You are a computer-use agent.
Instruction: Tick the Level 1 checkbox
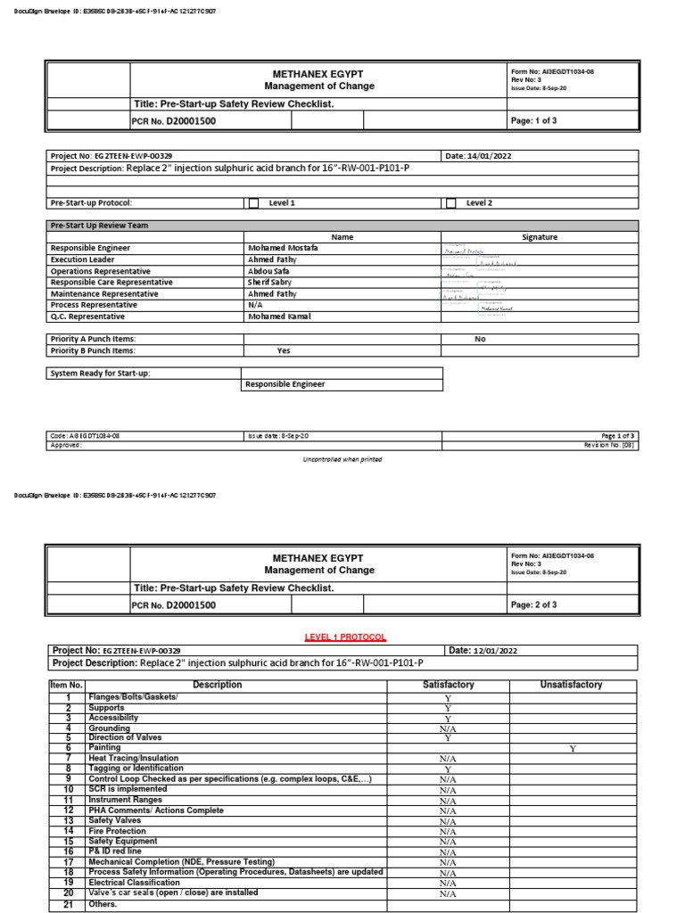click(253, 203)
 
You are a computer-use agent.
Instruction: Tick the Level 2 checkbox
click(450, 203)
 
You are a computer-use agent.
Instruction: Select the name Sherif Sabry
click(269, 283)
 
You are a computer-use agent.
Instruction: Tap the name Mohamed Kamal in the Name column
click(279, 317)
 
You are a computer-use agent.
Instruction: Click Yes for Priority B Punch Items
click(285, 350)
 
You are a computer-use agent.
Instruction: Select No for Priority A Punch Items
click(480, 339)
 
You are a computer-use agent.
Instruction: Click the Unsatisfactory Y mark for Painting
click(573, 749)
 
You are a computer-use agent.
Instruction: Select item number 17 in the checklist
click(68, 862)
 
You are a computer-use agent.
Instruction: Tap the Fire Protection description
click(116, 831)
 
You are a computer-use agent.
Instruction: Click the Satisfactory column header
click(448, 685)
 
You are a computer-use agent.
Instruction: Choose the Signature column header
click(540, 237)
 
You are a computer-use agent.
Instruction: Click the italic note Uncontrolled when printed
click(342, 459)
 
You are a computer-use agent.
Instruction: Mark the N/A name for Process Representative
click(255, 305)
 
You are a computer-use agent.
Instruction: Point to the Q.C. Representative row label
click(87, 317)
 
